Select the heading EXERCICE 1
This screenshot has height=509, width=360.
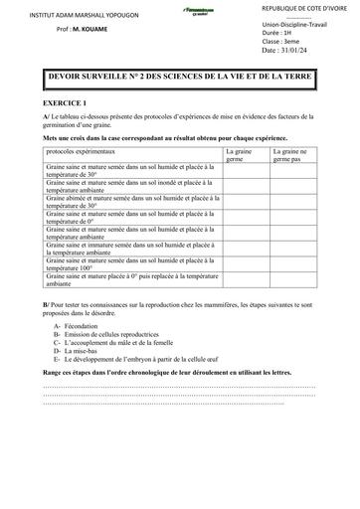[65, 103]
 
